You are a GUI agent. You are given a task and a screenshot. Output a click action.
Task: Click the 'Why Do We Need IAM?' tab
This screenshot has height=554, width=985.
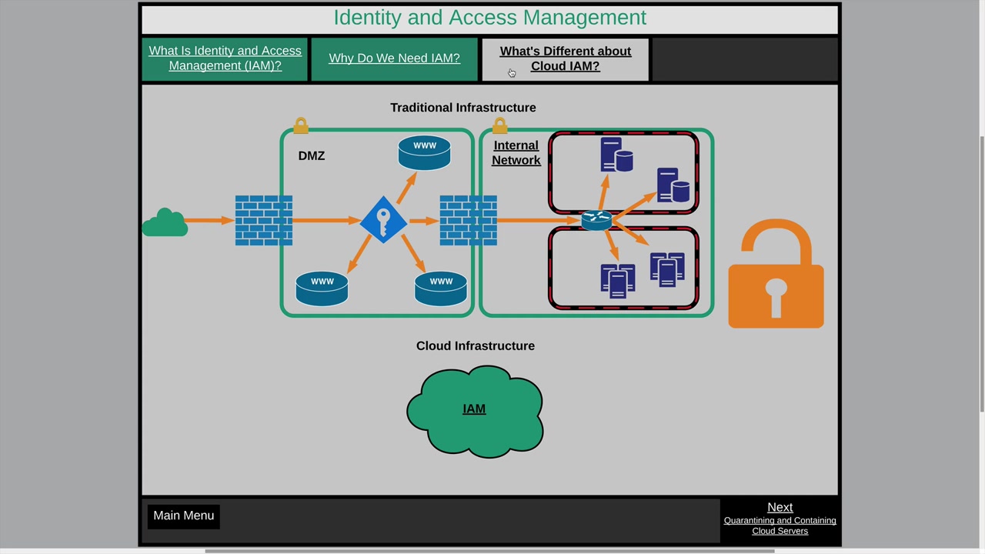(x=394, y=58)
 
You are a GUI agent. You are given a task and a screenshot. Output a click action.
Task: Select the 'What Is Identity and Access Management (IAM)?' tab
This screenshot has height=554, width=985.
(x=225, y=58)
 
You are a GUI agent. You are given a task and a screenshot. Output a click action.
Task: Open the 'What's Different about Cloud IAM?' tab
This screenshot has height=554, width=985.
(x=565, y=58)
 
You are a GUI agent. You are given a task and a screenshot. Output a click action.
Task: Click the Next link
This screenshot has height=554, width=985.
(x=780, y=507)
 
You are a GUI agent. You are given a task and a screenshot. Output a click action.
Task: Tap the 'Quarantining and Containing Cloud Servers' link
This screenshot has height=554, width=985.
(x=780, y=526)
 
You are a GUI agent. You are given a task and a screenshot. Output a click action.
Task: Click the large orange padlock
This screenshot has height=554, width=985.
(x=776, y=275)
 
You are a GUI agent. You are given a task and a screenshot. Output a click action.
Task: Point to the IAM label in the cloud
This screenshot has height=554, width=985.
(x=474, y=409)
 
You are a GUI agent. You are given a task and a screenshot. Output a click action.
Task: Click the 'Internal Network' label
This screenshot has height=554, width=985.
(x=516, y=152)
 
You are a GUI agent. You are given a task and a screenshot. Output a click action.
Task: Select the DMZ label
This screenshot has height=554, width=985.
(x=312, y=155)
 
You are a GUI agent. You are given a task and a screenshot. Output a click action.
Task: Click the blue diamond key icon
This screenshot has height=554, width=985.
(x=383, y=221)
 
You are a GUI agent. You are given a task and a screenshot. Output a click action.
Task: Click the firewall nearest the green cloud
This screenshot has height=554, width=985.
(x=263, y=221)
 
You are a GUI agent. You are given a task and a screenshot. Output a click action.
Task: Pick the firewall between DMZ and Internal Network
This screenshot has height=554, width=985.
(x=468, y=221)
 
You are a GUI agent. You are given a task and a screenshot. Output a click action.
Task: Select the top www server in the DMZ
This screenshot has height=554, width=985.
(x=424, y=152)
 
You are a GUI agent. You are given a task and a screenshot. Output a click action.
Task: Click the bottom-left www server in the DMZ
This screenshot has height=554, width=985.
(x=322, y=289)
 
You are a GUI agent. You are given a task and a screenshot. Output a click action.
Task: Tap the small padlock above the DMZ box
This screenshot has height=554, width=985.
(x=301, y=125)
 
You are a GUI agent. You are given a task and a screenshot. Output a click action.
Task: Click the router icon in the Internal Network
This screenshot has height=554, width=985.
(x=596, y=220)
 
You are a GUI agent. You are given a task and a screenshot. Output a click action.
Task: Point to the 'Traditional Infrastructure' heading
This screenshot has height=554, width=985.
(x=462, y=108)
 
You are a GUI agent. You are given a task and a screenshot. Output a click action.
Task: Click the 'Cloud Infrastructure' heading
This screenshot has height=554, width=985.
(x=475, y=345)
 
